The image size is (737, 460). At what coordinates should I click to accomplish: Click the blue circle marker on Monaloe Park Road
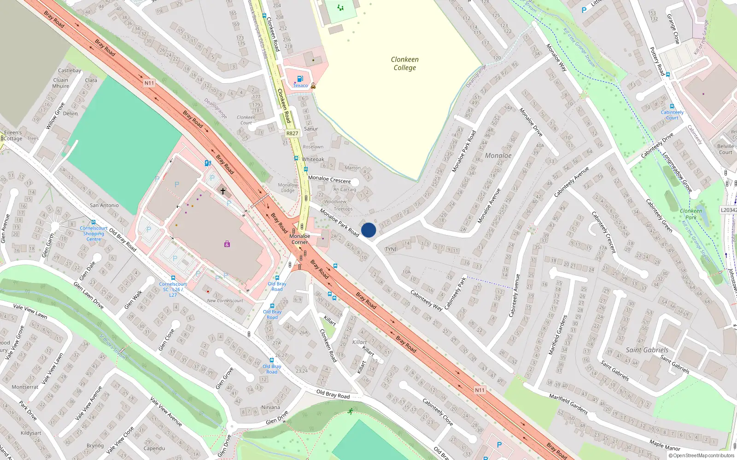[368, 230]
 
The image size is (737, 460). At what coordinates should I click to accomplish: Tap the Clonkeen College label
[404, 63]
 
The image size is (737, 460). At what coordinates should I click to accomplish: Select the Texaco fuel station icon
[300, 79]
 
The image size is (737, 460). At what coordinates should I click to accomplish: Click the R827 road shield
[292, 133]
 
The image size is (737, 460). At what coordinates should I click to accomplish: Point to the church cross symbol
[223, 191]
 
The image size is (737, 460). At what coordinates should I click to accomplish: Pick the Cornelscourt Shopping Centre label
[94, 233]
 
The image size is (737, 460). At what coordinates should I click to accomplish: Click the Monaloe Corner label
[299, 239]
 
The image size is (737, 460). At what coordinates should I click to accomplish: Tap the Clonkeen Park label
[691, 214]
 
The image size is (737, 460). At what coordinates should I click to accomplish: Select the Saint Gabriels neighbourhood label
[647, 350]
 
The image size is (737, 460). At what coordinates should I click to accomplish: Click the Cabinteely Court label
[672, 115]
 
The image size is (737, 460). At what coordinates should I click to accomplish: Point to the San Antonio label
[104, 205]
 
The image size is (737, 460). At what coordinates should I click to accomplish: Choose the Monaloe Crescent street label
[329, 179]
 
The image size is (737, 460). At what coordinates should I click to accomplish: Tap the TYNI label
[391, 249]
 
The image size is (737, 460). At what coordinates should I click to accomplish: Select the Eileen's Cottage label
[13, 135]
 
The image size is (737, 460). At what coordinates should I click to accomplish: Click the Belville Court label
[725, 149]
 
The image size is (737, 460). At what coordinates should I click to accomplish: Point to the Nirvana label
[270, 407]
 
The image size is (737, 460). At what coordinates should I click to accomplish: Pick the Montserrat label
[25, 387]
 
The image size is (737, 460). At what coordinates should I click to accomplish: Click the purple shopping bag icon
[227, 244]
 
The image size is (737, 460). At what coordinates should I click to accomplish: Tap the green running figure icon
[351, 411]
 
